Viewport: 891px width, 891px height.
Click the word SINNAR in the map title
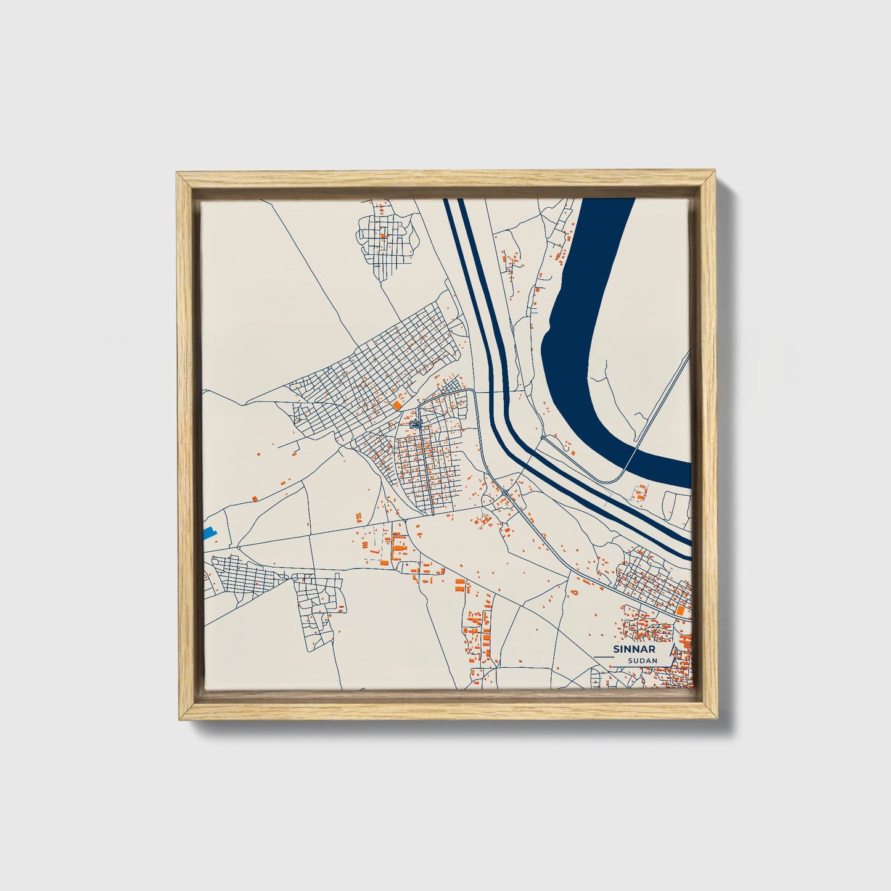tap(634, 649)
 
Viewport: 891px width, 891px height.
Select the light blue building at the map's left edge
tap(209, 532)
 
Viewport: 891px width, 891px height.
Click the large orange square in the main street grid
tap(395, 404)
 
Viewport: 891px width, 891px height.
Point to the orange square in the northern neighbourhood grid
tap(383, 235)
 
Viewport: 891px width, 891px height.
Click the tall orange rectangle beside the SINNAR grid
tap(680, 609)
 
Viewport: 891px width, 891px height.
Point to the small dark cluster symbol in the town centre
tap(415, 424)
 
